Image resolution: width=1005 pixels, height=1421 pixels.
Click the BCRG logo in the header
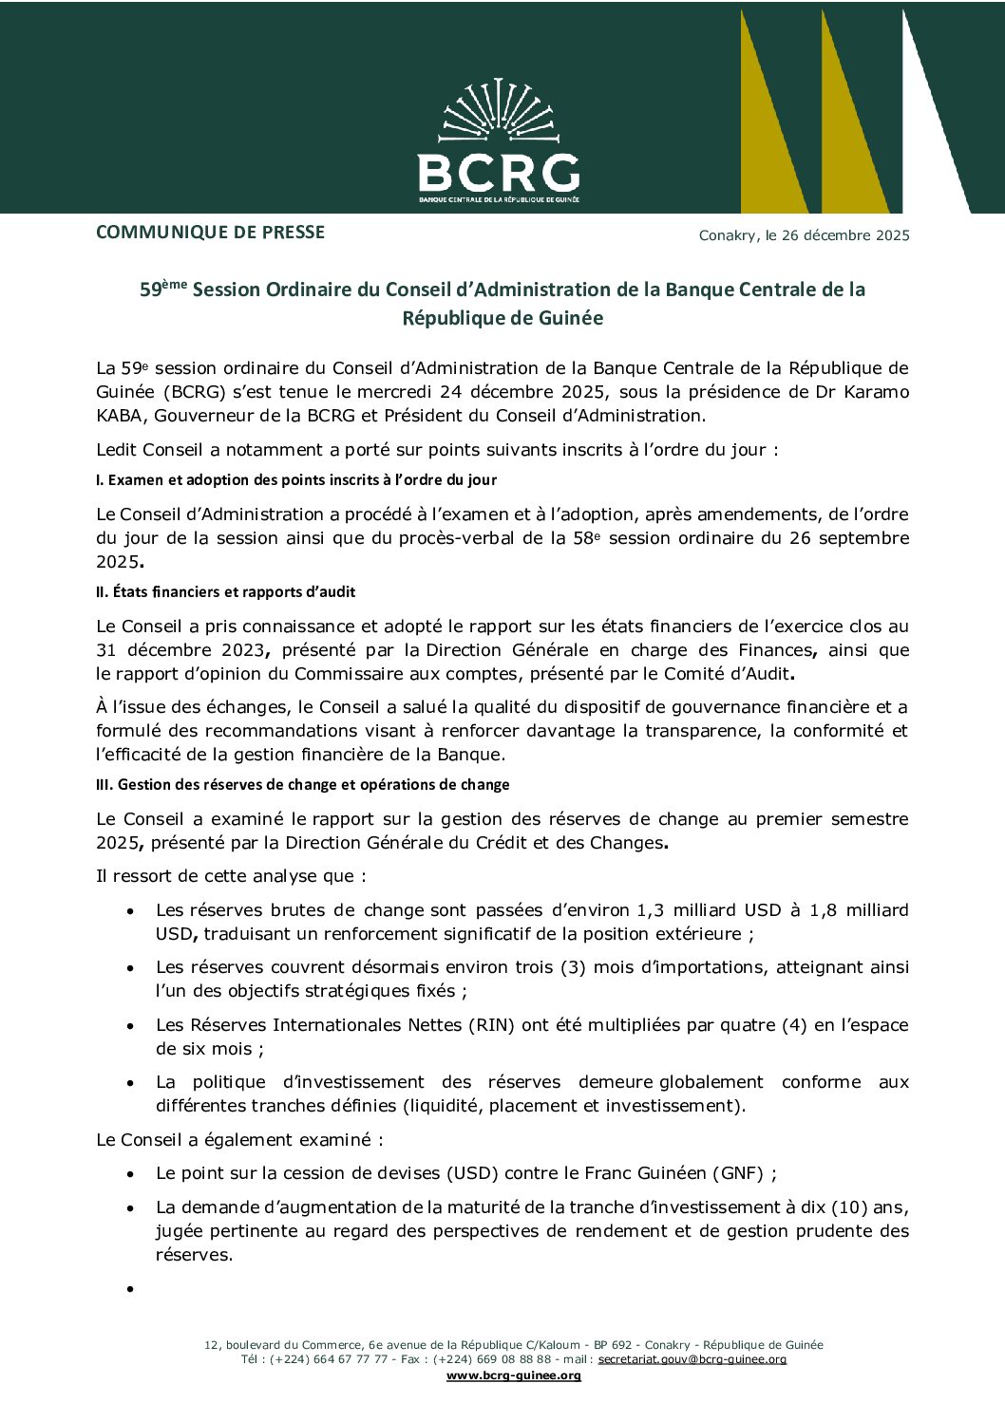(499, 142)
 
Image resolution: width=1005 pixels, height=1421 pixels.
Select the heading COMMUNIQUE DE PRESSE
(210, 233)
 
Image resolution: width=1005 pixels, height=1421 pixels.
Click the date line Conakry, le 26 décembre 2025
(804, 235)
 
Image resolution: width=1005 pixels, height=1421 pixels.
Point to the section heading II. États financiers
(225, 592)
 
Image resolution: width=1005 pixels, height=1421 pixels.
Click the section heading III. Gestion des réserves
(302, 785)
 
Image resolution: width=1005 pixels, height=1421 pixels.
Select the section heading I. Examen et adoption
(295, 480)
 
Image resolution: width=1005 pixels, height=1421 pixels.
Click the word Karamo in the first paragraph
(876, 392)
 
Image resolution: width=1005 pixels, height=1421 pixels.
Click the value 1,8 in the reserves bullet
(823, 910)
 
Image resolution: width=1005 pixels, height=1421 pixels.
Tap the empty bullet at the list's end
(130, 1289)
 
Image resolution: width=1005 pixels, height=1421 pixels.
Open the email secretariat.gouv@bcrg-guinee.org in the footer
(692, 1359)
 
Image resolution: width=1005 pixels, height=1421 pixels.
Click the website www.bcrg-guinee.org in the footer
(513, 1375)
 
